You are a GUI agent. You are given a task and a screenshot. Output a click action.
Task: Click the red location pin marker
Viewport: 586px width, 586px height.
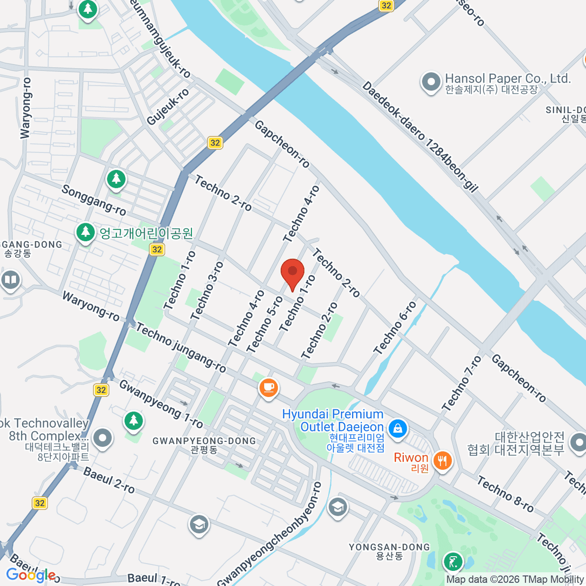click(293, 273)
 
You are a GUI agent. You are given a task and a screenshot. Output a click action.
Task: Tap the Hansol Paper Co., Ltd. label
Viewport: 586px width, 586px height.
click(507, 79)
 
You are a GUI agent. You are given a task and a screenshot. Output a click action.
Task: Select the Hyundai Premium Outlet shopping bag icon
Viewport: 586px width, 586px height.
click(398, 428)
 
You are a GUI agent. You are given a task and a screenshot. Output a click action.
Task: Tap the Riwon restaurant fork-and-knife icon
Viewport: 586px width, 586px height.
click(442, 460)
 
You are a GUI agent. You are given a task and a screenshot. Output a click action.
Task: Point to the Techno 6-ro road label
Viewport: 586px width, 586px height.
click(395, 328)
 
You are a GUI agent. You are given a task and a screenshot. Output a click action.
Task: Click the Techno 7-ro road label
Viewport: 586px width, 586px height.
click(461, 383)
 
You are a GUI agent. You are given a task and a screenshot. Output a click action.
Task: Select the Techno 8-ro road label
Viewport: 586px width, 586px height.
click(505, 494)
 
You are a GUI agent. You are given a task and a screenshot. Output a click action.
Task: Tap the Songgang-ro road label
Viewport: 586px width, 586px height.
click(94, 200)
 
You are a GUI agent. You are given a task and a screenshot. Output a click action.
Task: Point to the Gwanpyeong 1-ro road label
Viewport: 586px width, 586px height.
click(161, 404)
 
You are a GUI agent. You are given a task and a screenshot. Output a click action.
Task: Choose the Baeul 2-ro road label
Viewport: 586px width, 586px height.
click(109, 480)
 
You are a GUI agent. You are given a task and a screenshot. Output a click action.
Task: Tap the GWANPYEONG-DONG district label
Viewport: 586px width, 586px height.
click(204, 440)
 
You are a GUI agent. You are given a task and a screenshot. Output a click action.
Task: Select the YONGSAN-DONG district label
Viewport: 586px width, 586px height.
click(389, 547)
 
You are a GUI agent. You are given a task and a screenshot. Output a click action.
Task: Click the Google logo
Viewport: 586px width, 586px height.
click(30, 575)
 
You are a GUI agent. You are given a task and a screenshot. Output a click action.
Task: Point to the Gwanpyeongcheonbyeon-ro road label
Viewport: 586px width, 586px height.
click(270, 534)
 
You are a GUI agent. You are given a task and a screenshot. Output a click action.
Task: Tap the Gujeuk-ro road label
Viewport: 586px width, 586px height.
click(167, 107)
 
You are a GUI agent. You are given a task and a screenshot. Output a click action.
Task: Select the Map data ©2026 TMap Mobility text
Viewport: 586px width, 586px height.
click(515, 580)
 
